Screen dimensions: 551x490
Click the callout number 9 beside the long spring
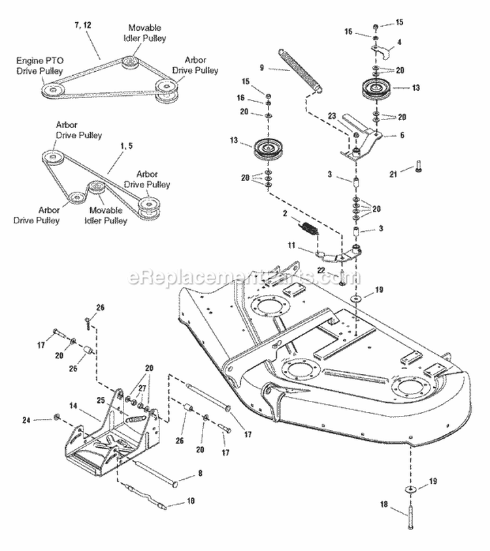[x=261, y=67]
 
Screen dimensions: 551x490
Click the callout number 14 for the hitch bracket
[x=74, y=405]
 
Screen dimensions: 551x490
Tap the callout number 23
[x=332, y=116]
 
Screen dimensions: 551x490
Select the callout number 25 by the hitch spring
[x=101, y=400]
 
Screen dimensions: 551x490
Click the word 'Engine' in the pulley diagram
[x=29, y=60]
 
